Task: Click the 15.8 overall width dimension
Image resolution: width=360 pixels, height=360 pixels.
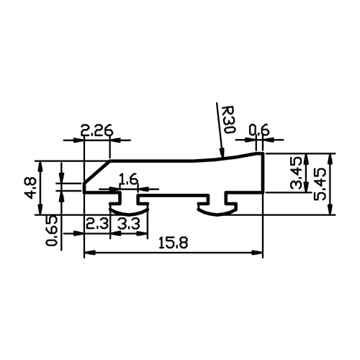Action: pos(174,243)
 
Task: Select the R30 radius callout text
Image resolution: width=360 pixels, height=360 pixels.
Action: pos(228,120)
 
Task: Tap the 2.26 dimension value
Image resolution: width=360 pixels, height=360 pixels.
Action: pos(96,131)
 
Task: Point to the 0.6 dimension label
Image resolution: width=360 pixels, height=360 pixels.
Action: pos(259,131)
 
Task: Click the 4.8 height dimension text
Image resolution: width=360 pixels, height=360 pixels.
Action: pos(31,188)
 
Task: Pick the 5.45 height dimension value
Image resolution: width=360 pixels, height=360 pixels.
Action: pos(320,184)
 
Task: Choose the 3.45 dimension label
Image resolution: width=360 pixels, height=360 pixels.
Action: pos(296,173)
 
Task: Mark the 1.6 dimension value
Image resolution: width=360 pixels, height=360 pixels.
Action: pos(129,180)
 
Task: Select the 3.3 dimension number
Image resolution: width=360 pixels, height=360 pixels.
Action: pos(128,225)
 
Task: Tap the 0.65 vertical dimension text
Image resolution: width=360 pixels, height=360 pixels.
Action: pos(52,230)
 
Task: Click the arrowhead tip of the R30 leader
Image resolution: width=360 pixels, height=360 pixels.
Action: pos(223,156)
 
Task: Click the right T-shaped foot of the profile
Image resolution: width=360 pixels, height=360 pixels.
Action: pos(217,207)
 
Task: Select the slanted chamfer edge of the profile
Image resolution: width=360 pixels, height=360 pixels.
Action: pos(97,171)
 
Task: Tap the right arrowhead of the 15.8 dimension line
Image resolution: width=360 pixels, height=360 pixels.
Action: pos(257,253)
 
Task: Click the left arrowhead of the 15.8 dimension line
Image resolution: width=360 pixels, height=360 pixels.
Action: pos(90,253)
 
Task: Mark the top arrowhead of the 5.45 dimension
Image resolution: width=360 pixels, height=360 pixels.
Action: pos(330,159)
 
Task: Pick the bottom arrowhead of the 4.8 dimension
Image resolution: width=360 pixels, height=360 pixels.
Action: pos(41,209)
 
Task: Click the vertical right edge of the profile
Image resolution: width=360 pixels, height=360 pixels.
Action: pos(263,172)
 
